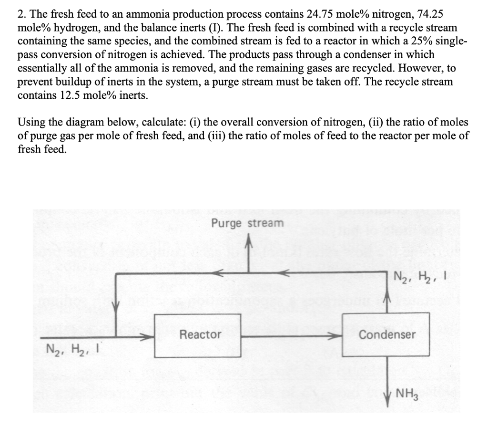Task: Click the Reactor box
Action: tap(200, 336)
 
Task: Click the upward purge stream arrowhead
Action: tap(247, 245)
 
